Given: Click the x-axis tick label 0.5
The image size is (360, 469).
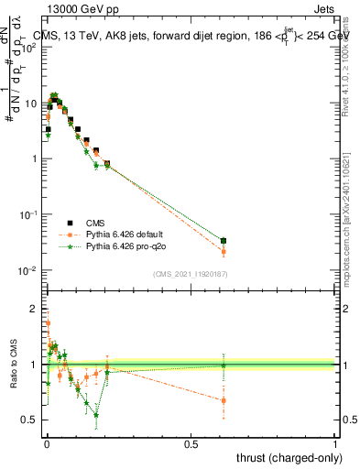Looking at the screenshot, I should tap(191, 443).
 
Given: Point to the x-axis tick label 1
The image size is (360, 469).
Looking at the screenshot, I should tap(335, 443).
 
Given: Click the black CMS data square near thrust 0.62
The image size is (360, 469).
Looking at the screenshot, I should tap(224, 241).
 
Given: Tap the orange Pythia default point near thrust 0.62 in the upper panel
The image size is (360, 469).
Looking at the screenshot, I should tap(224, 252).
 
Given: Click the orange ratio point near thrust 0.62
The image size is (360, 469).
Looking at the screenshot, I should tap(224, 400).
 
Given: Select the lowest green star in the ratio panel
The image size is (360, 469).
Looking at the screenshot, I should tap(95, 415).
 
